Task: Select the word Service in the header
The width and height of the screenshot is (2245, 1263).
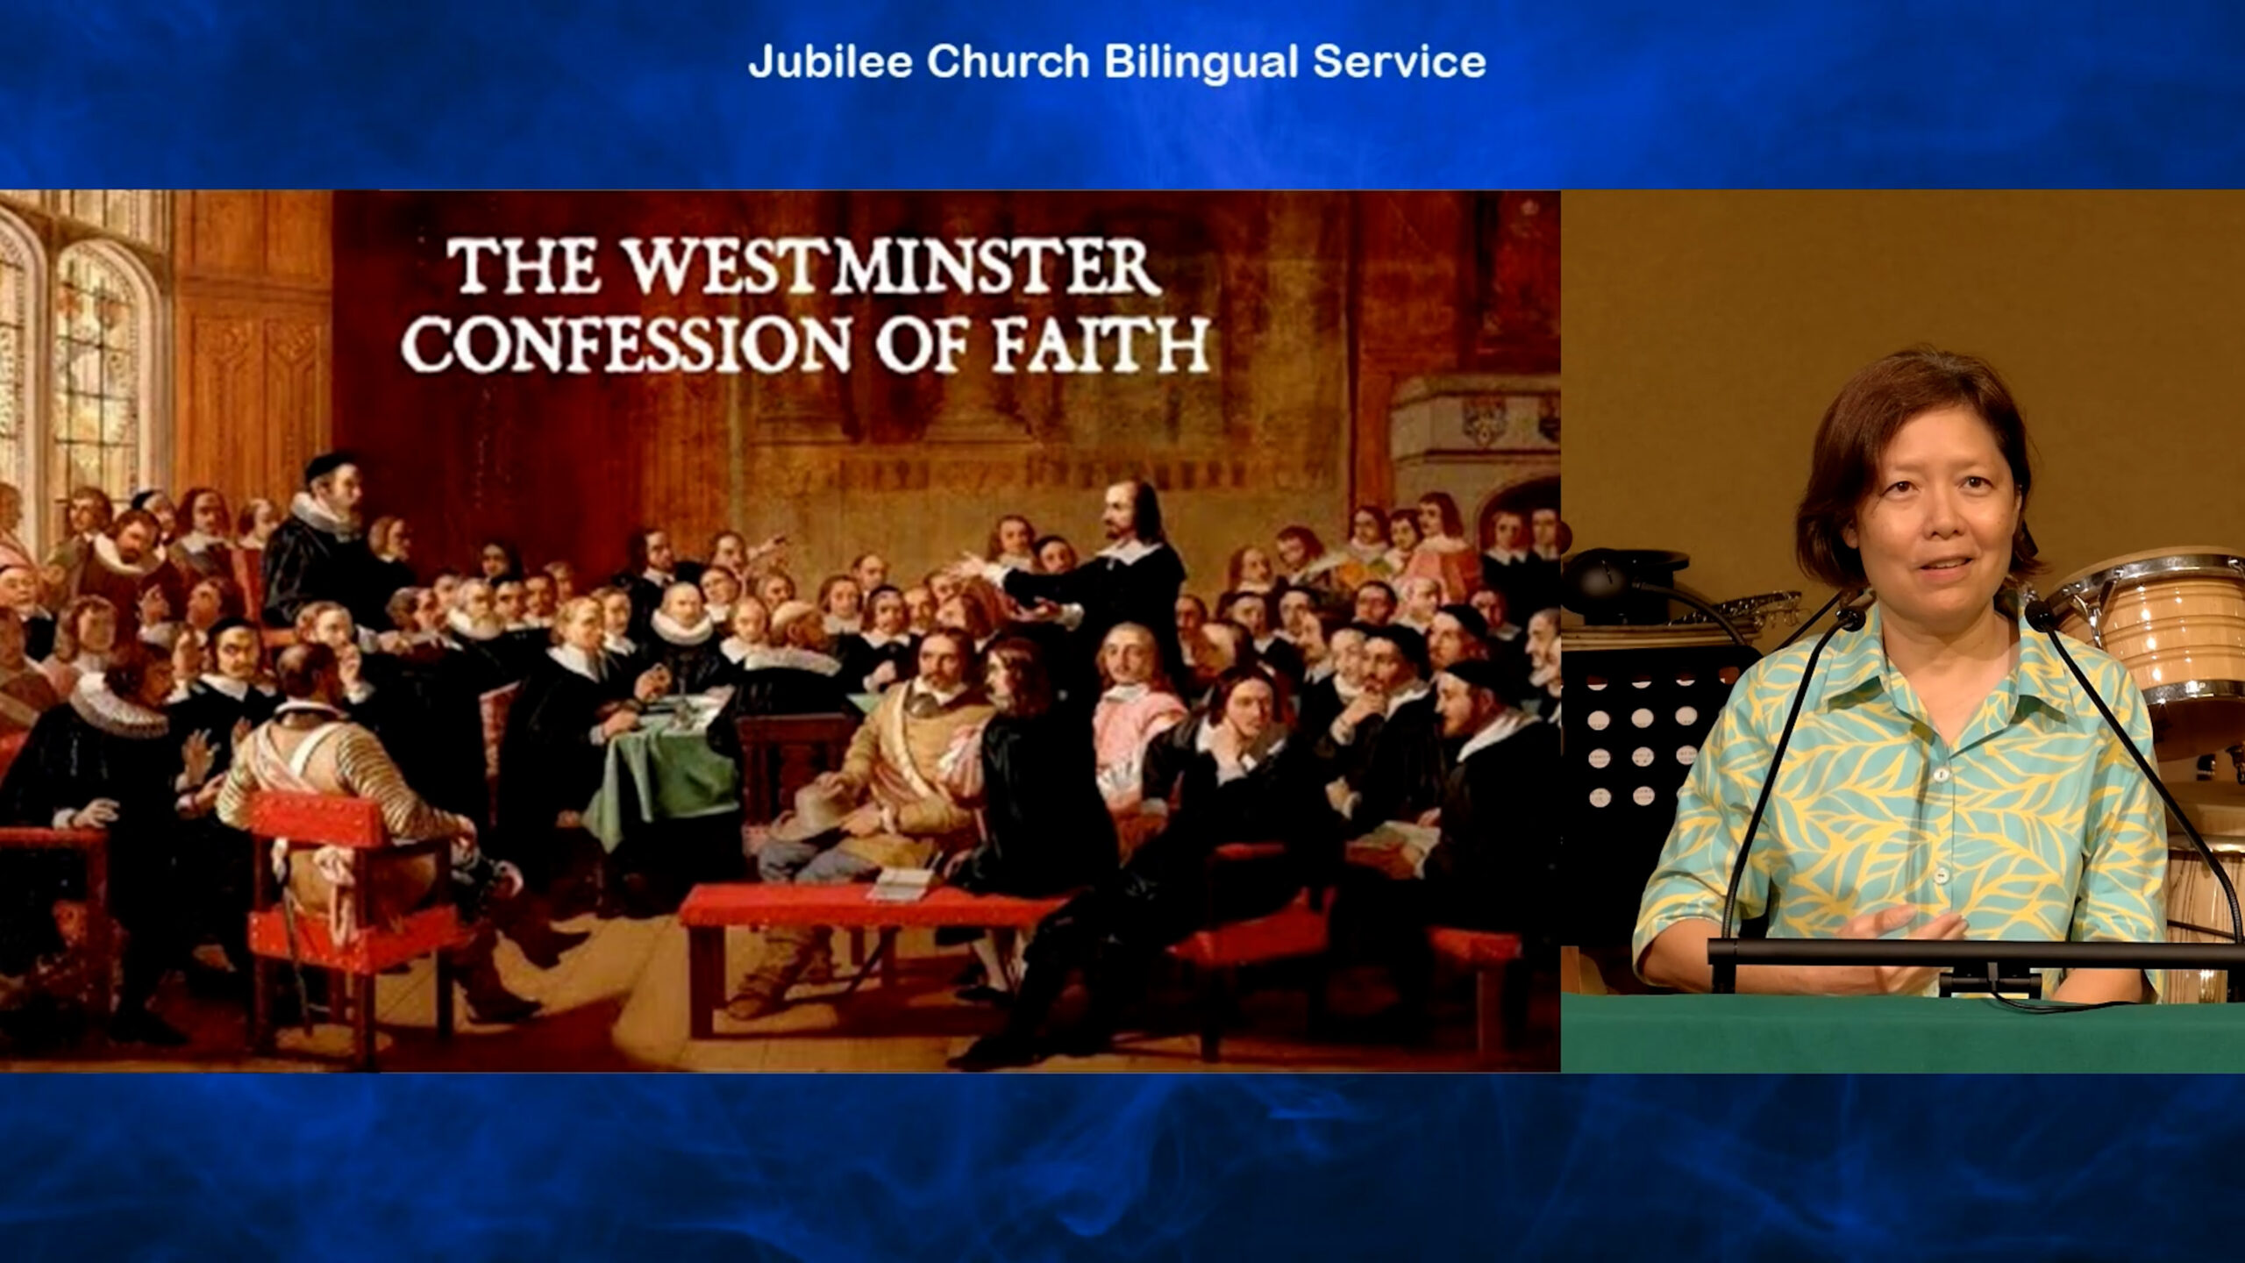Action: [1399, 61]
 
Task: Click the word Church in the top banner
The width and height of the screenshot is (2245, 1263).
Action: [1008, 61]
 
